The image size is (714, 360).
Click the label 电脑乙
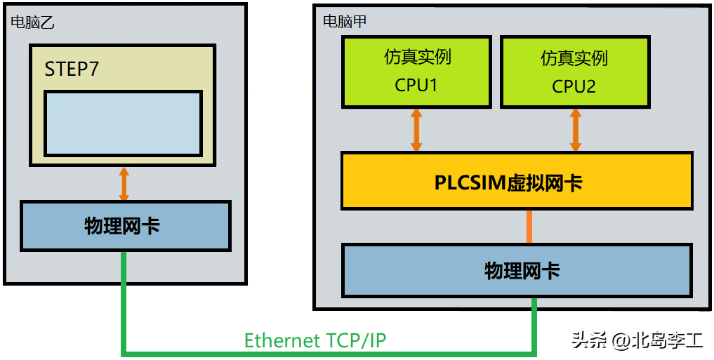pyautogui.click(x=32, y=22)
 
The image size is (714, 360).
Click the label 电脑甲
pyautogui.click(x=344, y=21)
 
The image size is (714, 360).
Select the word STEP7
pyautogui.click(x=72, y=69)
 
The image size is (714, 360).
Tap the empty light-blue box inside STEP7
pyautogui.click(x=123, y=124)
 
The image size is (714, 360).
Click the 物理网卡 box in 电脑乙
pyautogui.click(x=125, y=226)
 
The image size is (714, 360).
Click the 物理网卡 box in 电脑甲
pyautogui.click(x=517, y=270)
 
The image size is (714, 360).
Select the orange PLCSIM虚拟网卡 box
pyautogui.click(x=517, y=180)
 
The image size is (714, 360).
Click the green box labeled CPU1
pyautogui.click(x=416, y=72)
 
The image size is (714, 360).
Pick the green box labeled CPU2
pyautogui.click(x=574, y=72)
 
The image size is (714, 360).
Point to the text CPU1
pyautogui.click(x=416, y=86)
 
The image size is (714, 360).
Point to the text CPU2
pyautogui.click(x=574, y=86)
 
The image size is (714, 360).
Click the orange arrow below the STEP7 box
pyautogui.click(x=124, y=185)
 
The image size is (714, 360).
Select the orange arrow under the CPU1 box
pyautogui.click(x=416, y=130)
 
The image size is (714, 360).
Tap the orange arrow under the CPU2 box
pyautogui.click(x=576, y=130)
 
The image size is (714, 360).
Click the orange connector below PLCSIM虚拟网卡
pyautogui.click(x=529, y=226)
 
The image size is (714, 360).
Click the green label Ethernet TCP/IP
pyautogui.click(x=315, y=340)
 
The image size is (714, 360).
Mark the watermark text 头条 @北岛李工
pyautogui.click(x=637, y=341)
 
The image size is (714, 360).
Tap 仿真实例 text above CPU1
pyautogui.click(x=417, y=57)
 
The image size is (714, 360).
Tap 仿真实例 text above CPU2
pyautogui.click(x=574, y=58)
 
